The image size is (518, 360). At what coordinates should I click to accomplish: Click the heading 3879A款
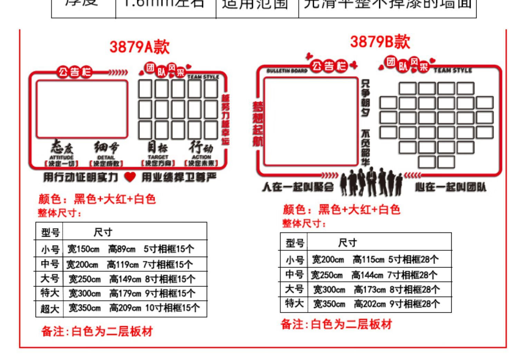point(140,47)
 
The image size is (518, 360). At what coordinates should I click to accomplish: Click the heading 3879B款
point(380,42)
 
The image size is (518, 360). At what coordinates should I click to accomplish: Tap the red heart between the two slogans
point(130,177)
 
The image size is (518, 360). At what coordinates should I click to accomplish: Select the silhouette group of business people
point(371,182)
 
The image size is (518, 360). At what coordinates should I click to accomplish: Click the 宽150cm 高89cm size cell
point(131,249)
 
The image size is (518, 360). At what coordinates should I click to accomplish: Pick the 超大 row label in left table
point(50,309)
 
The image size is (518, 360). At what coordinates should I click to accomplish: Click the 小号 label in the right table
point(294,260)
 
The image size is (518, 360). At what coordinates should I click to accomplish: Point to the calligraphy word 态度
point(61,148)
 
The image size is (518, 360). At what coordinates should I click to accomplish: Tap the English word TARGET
point(158,157)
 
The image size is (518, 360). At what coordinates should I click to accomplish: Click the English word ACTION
point(201,157)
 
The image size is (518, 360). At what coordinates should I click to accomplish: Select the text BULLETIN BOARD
point(287,71)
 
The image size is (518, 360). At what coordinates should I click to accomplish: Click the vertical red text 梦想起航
point(258,124)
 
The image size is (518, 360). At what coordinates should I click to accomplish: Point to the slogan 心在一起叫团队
point(451,187)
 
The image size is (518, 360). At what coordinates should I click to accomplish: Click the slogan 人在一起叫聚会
point(298,187)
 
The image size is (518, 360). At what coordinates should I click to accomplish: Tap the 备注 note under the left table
point(97,331)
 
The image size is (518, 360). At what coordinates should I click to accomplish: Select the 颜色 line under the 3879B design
point(341,210)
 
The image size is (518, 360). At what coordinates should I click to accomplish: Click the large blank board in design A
point(82,109)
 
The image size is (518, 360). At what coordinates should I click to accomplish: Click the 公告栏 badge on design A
point(75,72)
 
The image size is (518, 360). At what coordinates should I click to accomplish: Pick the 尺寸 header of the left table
point(103,232)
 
